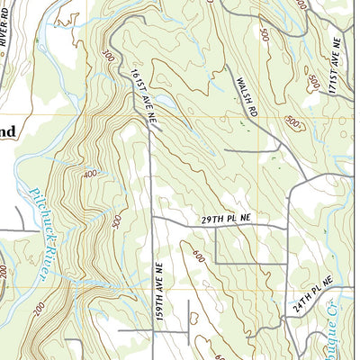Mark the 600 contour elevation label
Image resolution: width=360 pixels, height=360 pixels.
point(197,256)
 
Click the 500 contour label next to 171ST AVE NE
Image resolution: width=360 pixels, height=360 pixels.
point(313,83)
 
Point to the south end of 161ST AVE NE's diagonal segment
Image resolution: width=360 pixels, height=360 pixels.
point(150,129)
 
